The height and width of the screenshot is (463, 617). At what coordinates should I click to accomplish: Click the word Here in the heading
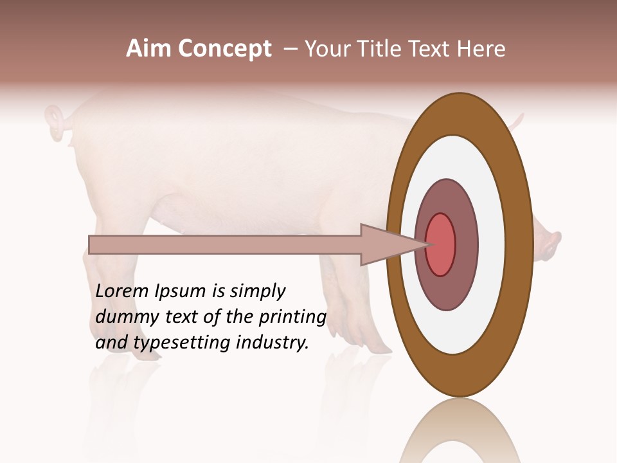click(481, 49)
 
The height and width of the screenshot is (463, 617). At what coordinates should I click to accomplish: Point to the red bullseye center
click(441, 245)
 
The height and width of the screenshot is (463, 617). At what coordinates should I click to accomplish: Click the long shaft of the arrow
click(225, 245)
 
